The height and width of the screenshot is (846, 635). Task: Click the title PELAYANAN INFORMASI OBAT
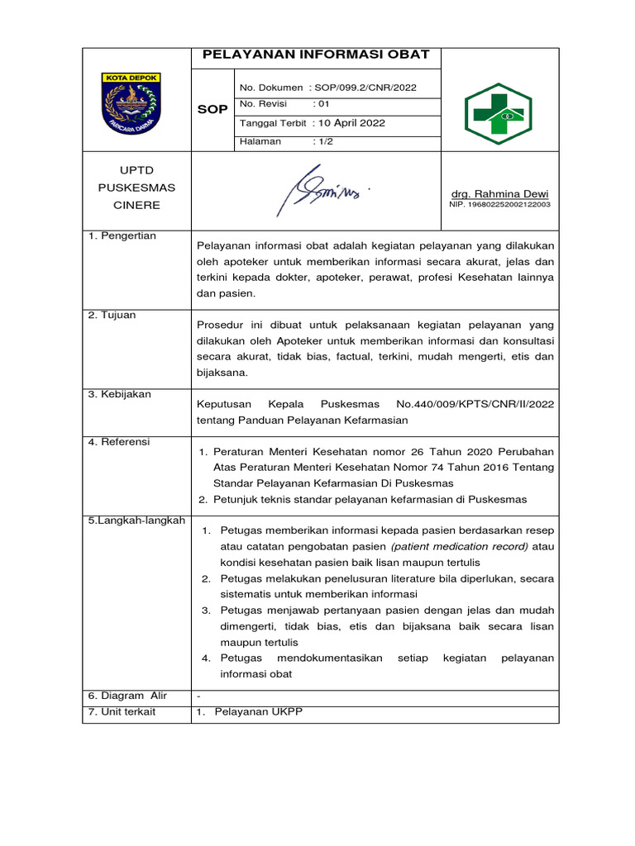point(316,55)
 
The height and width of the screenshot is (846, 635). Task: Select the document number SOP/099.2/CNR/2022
point(361,88)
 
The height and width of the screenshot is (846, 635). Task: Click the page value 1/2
point(323,141)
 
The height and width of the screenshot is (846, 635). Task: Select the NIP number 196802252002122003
point(500,204)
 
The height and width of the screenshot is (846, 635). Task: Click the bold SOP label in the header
point(212,109)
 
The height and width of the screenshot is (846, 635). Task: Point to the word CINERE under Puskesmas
point(137,205)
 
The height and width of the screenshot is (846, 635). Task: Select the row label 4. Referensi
point(119,442)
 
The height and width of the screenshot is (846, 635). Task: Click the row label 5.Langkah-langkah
point(136,520)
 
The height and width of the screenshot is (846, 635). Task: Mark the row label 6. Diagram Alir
point(127,696)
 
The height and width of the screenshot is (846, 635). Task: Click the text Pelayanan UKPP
point(258,711)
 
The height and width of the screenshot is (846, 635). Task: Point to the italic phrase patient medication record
point(459,546)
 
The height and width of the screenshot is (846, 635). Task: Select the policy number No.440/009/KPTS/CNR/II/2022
point(475,404)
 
